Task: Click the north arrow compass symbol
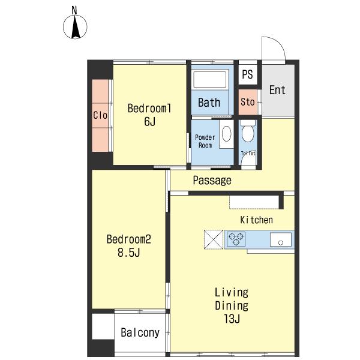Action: coord(75,26)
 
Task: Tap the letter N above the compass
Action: coord(74,10)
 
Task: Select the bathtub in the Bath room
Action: coord(210,79)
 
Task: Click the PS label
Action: coord(247,74)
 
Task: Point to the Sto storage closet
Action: coord(247,102)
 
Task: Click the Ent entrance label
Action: coord(277,90)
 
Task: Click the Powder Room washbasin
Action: coord(226,134)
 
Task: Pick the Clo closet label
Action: coord(100,115)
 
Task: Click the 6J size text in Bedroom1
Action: coord(149,121)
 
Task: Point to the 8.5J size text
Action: coord(128,253)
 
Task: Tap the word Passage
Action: coord(212,181)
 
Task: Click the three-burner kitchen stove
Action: coord(236,239)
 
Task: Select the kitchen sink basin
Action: coord(281,239)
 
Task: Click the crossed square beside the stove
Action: coord(214,239)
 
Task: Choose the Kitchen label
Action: coord(256,220)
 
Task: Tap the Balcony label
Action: coord(140,332)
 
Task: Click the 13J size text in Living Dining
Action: coord(232,319)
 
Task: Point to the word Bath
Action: coord(209,103)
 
